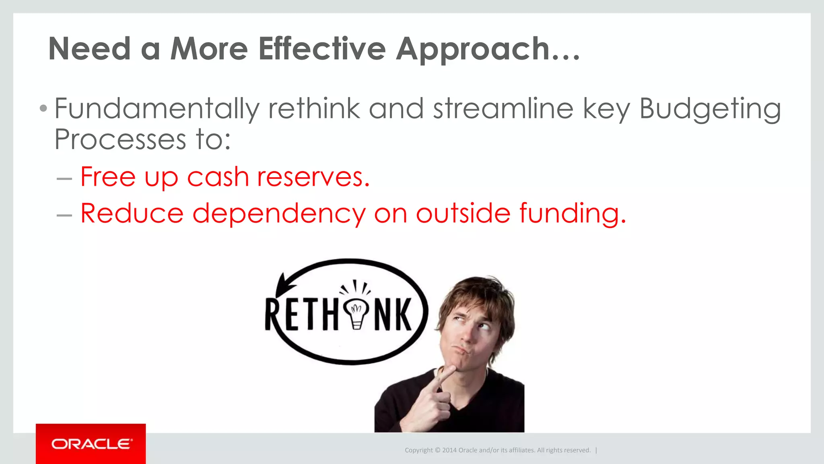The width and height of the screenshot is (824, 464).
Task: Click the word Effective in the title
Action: coord(322,49)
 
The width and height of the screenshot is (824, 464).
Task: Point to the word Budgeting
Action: coord(710,110)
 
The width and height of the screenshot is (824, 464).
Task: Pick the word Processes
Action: coord(120,140)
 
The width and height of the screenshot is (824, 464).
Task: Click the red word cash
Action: coord(218,177)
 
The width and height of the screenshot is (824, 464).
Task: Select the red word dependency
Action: coord(279,213)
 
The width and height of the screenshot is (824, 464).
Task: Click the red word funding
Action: coord(573,213)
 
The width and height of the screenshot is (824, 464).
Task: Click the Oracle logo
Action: coord(91,444)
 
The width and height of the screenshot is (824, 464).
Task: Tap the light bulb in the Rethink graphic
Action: coord(356,312)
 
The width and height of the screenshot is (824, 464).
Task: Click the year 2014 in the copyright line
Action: coord(449,450)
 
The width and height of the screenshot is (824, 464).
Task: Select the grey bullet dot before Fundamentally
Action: coord(43,108)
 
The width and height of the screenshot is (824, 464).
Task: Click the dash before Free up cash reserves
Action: coord(64,178)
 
